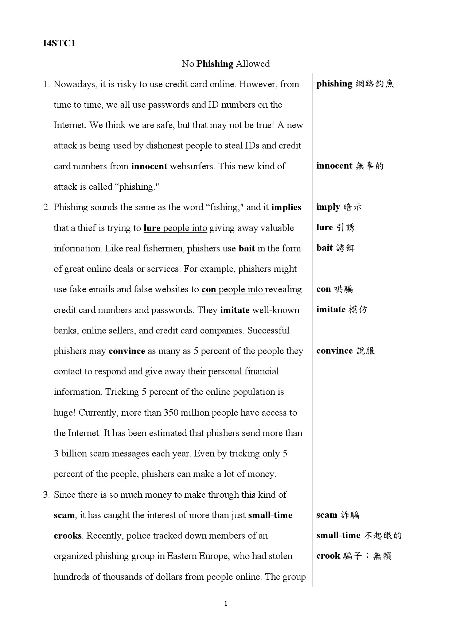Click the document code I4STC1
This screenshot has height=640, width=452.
coord(59,43)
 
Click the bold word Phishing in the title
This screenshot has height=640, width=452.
coord(215,64)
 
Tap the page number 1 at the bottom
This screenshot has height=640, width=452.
coord(226,604)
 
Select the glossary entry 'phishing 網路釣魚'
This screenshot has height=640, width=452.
coord(355,84)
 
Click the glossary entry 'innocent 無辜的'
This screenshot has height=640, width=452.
coord(350,166)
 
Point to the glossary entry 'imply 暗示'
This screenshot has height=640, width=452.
coord(339,207)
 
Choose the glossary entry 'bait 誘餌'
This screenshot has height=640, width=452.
coord(335,248)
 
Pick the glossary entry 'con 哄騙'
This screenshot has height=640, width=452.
coord(334,289)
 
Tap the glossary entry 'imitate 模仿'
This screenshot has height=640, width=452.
coord(342,310)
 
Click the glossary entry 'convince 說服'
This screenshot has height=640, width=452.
coord(345,351)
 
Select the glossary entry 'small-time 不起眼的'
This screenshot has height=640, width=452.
coord(359,536)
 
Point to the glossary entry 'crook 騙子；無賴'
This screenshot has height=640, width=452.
coord(353,556)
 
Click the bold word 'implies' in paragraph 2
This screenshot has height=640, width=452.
coord(286,207)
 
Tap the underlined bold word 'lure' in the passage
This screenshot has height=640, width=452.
coord(152,228)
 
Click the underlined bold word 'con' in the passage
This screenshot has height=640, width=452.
coord(209,289)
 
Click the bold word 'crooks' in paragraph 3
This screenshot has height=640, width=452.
coord(68,536)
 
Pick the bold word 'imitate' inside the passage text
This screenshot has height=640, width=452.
coord(235,310)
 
